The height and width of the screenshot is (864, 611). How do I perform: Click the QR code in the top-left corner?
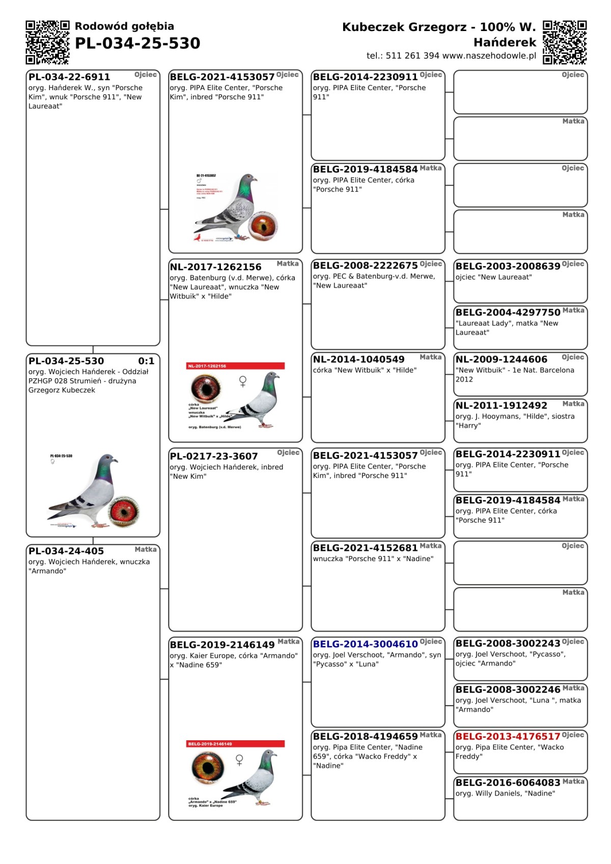point(47,42)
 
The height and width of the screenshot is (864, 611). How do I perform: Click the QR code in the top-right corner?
point(565,42)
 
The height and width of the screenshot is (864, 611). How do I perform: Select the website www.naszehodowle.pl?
point(489,55)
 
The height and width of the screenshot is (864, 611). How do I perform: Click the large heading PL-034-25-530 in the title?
point(137,43)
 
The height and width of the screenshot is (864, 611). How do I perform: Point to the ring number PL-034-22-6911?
point(69,77)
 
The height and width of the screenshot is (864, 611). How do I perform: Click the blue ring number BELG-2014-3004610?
point(365,644)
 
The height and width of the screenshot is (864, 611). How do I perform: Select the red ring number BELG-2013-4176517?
point(508,736)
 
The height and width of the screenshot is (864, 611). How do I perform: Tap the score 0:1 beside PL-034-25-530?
point(146,361)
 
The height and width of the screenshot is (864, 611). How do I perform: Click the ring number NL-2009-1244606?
point(502,359)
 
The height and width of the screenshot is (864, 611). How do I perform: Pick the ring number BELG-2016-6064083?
point(508,783)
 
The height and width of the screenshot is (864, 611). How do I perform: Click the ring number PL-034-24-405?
point(66,551)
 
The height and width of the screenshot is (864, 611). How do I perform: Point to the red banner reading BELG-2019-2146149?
point(235,744)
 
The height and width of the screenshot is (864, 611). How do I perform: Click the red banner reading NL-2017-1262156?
point(235,366)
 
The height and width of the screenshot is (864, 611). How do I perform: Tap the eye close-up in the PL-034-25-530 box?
point(124,511)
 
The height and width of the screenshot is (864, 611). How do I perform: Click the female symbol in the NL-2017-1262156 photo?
point(243,381)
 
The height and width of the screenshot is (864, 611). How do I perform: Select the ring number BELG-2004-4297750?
point(508,312)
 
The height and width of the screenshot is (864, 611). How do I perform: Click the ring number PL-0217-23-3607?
point(214,456)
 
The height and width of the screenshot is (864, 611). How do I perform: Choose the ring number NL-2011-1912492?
point(502,406)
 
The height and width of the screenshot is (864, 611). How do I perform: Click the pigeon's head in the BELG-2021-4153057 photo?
point(249,180)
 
